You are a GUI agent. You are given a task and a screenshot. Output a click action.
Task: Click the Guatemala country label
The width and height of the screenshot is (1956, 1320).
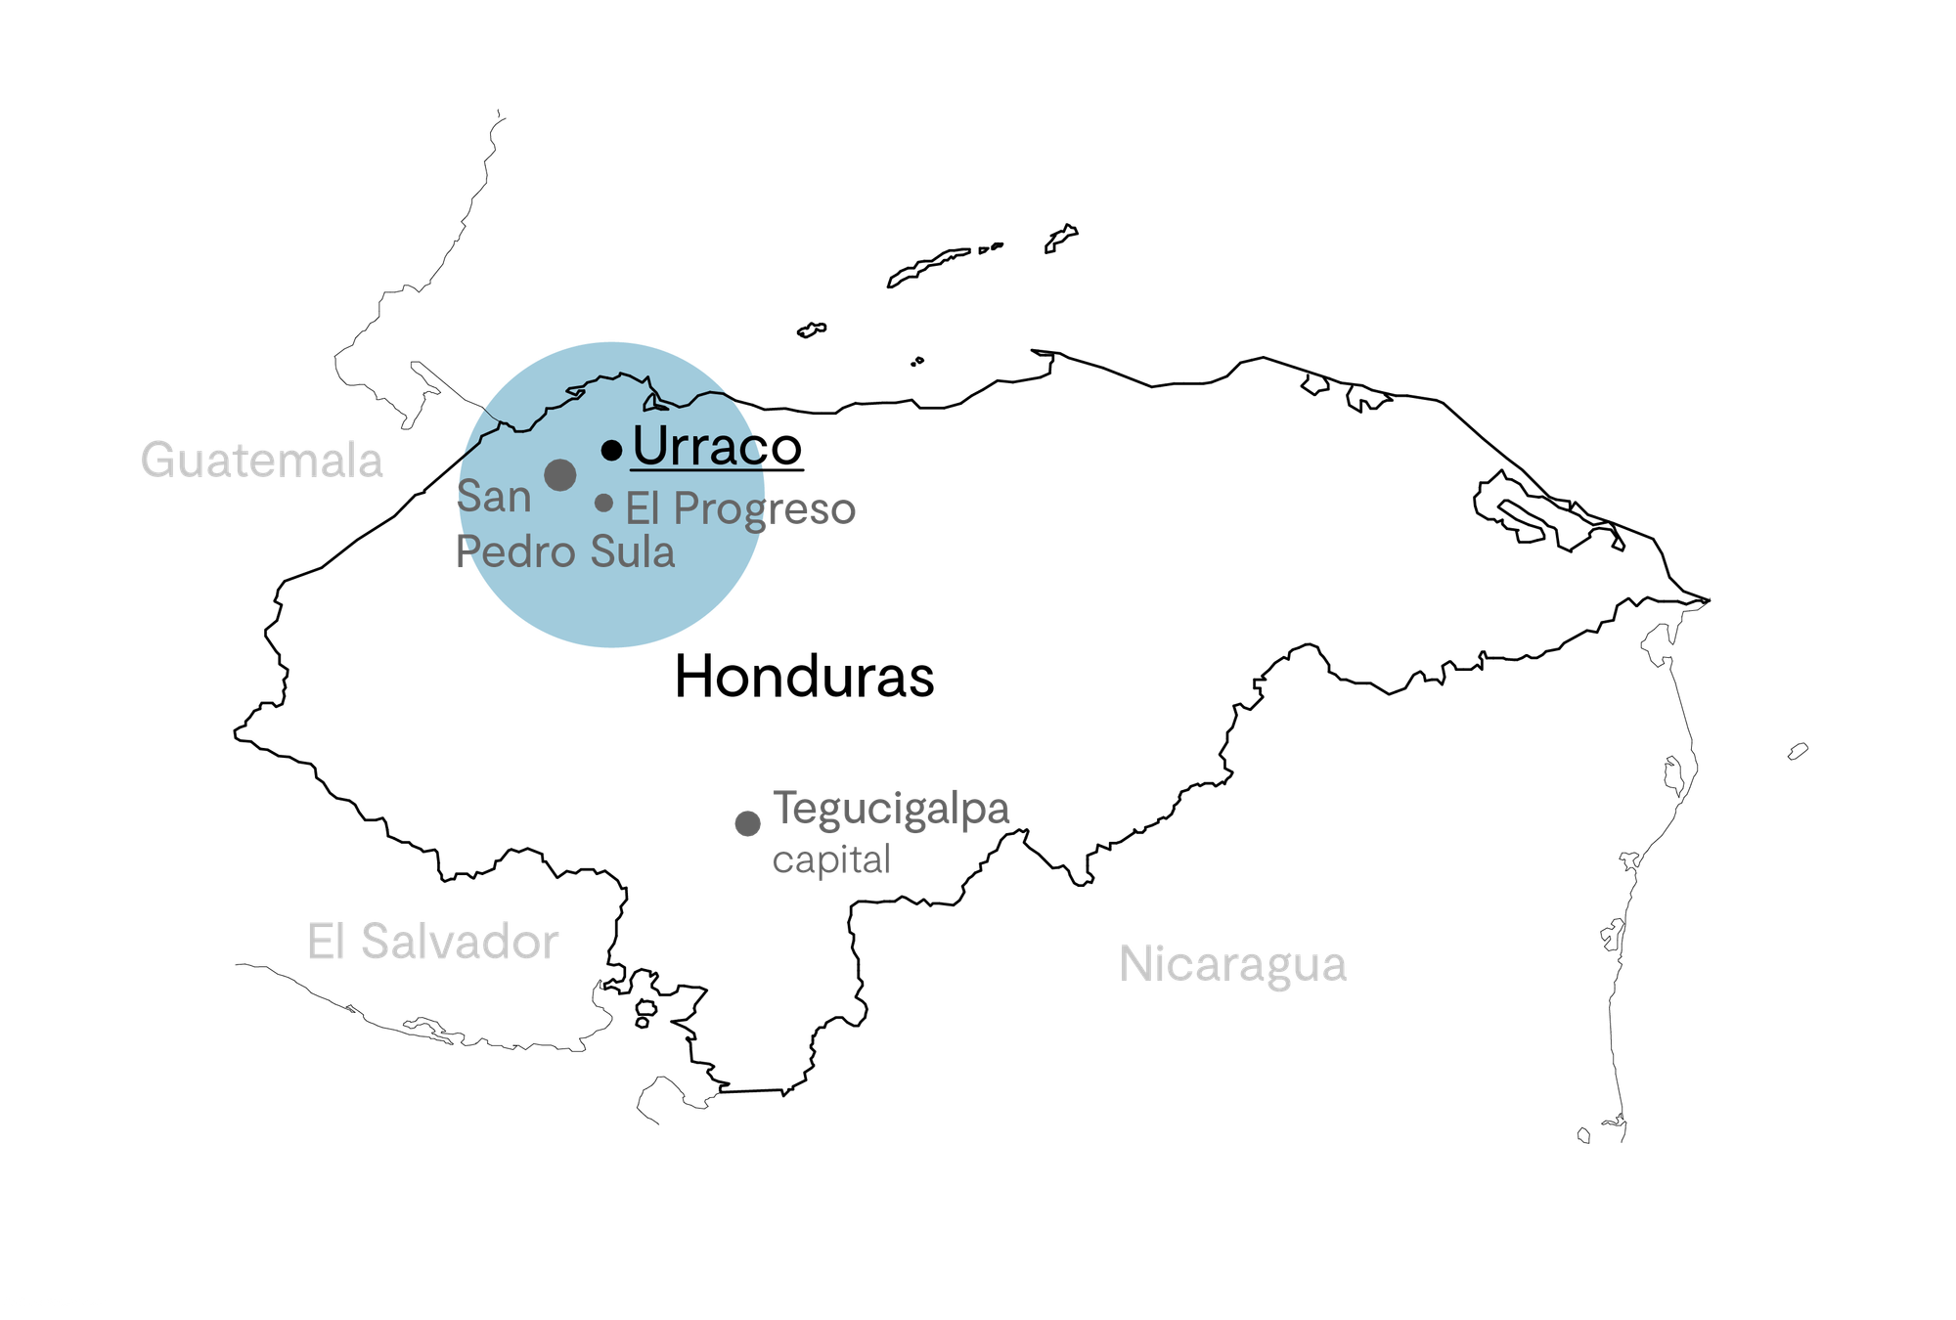click(x=261, y=461)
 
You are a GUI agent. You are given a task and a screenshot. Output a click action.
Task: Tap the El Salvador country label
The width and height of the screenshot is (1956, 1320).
click(x=432, y=942)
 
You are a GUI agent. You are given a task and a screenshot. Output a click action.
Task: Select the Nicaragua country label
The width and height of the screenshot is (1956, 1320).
click(x=1233, y=964)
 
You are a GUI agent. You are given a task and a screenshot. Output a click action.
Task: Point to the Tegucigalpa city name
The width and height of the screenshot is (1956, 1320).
click(x=891, y=810)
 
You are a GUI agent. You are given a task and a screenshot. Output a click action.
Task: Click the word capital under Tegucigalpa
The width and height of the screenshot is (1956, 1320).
click(x=831, y=860)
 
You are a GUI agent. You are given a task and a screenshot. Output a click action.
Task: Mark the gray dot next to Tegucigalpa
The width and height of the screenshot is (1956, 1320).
click(x=748, y=823)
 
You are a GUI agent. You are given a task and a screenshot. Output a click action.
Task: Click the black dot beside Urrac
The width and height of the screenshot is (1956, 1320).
click(x=612, y=450)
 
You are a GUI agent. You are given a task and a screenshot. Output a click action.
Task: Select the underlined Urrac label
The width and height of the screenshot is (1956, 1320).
click(x=696, y=446)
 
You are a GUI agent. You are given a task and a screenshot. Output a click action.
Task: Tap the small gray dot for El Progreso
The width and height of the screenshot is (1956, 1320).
click(x=604, y=503)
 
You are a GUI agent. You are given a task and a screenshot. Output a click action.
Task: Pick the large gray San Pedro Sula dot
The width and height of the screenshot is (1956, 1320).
click(x=559, y=475)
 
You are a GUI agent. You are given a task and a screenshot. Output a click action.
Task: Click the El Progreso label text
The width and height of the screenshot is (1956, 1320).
click(x=740, y=509)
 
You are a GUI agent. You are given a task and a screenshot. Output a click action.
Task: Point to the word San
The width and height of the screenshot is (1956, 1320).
click(x=494, y=497)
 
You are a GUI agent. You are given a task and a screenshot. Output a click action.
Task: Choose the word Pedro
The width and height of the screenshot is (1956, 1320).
click(x=516, y=552)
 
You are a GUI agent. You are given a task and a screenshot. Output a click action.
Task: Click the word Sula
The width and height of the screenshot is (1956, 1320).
click(x=633, y=552)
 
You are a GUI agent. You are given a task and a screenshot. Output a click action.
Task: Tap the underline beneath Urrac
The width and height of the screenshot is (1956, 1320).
click(x=696, y=470)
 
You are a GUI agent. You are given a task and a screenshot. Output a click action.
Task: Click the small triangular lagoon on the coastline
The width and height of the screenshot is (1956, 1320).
click(x=653, y=402)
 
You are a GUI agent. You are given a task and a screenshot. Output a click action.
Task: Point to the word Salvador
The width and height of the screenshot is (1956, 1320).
click(x=460, y=942)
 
